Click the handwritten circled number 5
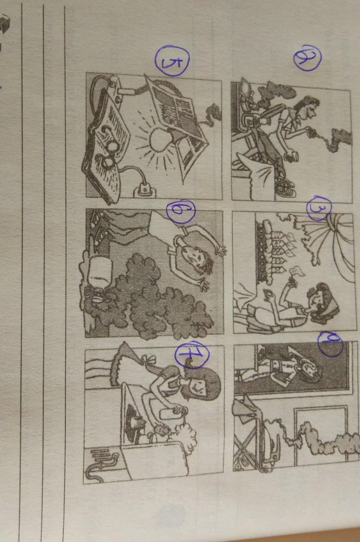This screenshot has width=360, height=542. tap(172, 61)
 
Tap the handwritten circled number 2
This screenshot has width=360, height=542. tap(307, 58)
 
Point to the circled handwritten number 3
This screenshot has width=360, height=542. tap(319, 208)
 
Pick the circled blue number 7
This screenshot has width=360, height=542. tap(192, 354)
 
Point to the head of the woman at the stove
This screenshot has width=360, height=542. tap(203, 385)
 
